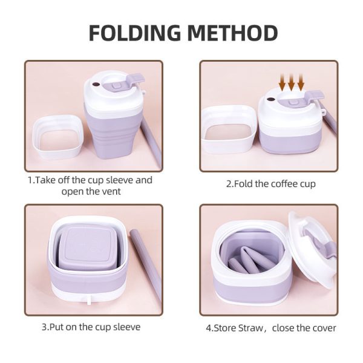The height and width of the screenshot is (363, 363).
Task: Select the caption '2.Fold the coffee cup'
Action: [270, 183]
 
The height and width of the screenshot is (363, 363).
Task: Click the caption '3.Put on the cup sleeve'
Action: [91, 327]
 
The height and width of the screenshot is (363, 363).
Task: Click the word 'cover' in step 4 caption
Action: [324, 328]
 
